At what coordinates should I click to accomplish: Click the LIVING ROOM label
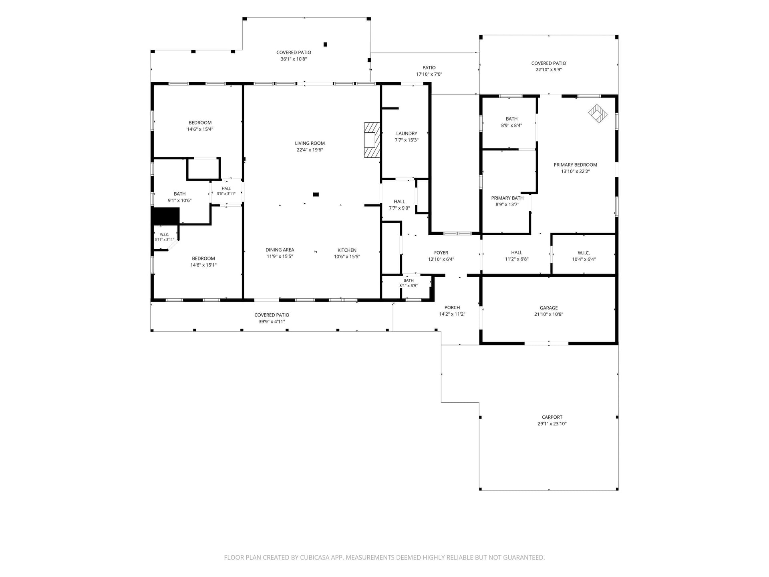(310, 143)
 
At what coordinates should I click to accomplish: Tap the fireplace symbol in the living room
(372, 140)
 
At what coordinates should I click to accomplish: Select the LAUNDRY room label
(407, 133)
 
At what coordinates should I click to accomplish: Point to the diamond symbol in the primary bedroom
(598, 113)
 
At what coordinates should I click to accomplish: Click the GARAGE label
(549, 308)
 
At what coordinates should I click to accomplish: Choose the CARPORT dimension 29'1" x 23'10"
(552, 424)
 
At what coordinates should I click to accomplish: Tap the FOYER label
(441, 252)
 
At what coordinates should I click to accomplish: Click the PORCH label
(452, 307)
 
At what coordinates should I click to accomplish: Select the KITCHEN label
(347, 250)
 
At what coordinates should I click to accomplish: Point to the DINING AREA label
(280, 250)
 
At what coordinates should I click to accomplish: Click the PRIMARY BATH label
(507, 198)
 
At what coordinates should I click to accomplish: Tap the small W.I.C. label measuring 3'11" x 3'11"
(164, 235)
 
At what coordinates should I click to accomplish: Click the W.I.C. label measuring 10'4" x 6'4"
(584, 252)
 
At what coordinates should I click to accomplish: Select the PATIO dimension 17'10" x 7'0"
(429, 74)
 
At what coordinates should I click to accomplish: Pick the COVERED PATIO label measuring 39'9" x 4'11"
(272, 315)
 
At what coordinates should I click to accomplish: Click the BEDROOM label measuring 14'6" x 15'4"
(200, 123)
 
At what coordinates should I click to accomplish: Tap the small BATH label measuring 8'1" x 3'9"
(409, 280)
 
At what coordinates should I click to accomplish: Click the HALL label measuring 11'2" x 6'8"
(517, 252)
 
